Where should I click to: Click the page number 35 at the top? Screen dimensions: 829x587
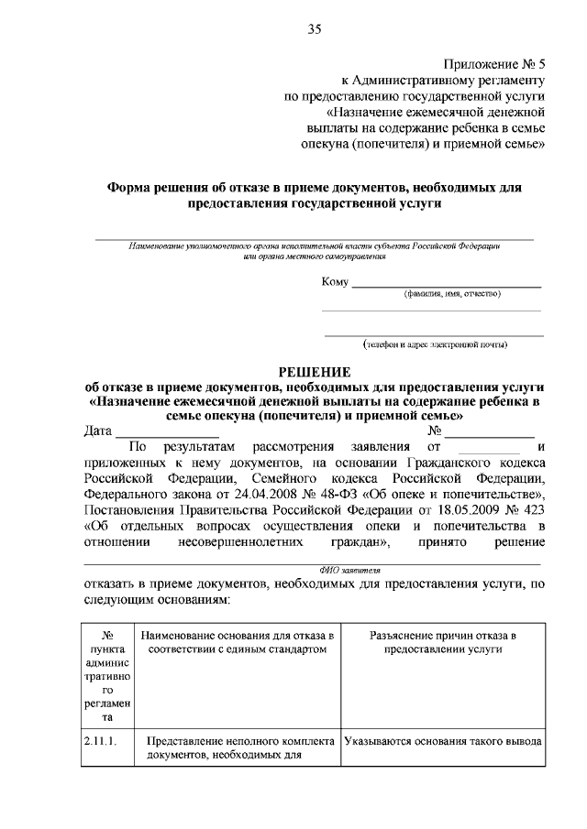[315, 29]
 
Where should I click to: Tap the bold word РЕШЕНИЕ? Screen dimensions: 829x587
[315, 371]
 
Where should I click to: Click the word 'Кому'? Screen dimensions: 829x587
[335, 281]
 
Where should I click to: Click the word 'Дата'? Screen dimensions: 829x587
[98, 431]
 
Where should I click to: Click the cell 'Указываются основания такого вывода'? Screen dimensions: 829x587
[442, 742]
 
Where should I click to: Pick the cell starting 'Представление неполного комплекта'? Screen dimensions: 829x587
[238, 748]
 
